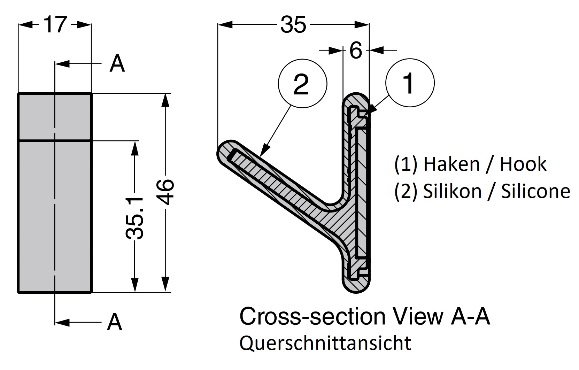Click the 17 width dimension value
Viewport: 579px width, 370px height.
pyautogui.click(x=55, y=25)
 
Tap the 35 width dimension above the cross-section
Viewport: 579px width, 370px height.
pyautogui.click(x=293, y=25)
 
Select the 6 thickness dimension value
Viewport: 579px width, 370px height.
pyautogui.click(x=356, y=51)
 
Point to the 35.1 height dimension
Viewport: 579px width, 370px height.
pyautogui.click(x=134, y=218)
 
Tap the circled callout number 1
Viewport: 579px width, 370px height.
pyautogui.click(x=410, y=83)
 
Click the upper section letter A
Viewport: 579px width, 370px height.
pyautogui.click(x=117, y=64)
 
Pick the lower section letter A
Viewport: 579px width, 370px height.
pyautogui.click(x=115, y=323)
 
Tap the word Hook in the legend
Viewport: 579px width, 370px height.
pyautogui.click(x=523, y=164)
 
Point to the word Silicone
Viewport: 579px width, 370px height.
pyautogui.click(x=535, y=191)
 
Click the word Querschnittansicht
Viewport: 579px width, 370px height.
pyautogui.click(x=325, y=343)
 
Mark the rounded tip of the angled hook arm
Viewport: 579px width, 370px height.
pyautogui.click(x=225, y=153)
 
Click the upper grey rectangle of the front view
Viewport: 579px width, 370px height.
pyautogui.click(x=55, y=117)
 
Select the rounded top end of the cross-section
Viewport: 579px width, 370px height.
pyautogui.click(x=356, y=99)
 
